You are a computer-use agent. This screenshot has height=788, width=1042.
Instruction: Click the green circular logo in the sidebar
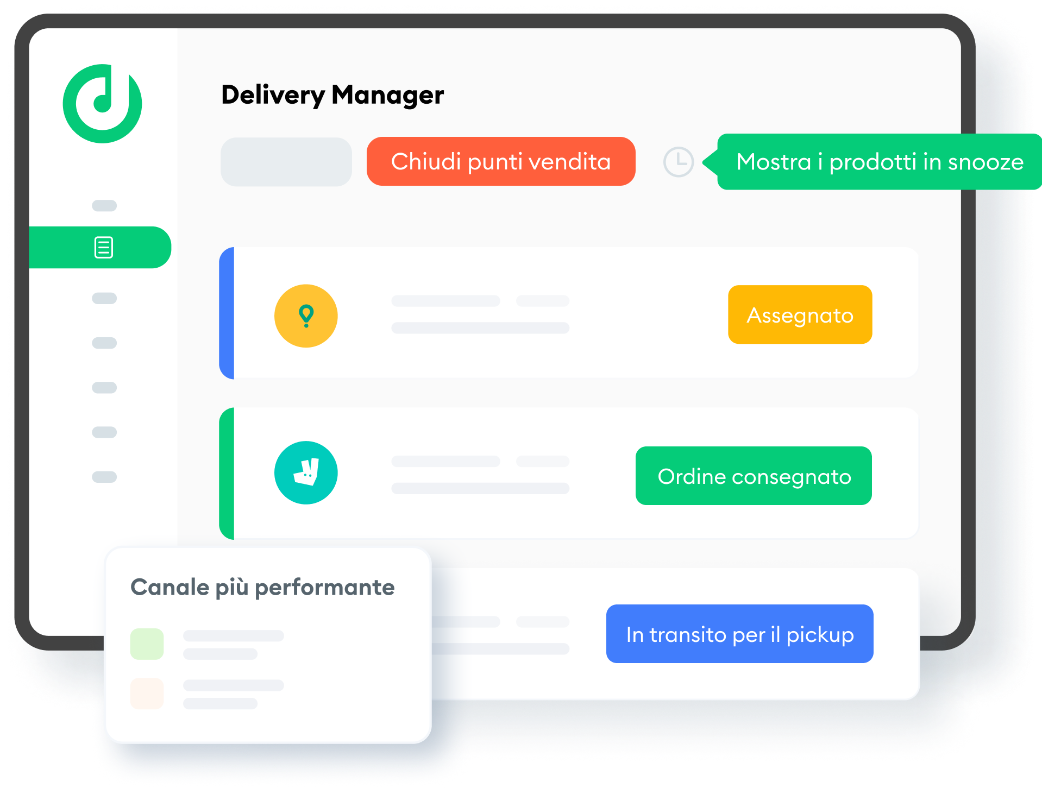102,104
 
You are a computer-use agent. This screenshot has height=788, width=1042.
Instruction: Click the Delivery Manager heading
332,95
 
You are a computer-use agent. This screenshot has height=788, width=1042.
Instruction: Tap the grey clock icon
679,162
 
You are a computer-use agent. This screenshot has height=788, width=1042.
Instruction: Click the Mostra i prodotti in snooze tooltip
879,162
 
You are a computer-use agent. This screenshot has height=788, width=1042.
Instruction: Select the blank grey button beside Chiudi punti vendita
286,162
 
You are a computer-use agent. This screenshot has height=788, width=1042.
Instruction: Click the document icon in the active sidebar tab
104,248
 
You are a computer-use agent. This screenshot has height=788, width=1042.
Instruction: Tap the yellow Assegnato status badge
800,315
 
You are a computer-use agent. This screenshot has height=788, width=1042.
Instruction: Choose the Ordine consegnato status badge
754,476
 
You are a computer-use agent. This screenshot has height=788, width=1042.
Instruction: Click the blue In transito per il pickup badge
739,634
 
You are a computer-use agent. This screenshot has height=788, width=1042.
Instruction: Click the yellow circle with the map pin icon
306,316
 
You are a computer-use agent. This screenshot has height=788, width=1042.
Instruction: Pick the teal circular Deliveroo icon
306,472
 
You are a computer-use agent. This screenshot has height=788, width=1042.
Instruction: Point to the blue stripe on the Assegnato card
227,313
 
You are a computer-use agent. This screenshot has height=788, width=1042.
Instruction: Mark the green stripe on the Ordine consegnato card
227,473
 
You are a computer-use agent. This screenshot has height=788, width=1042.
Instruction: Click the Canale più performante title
262,588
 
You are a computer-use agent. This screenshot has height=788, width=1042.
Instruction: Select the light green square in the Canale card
147,644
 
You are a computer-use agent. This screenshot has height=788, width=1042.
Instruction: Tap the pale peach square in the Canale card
147,694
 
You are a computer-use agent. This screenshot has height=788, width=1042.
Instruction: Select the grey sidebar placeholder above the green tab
104,205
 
